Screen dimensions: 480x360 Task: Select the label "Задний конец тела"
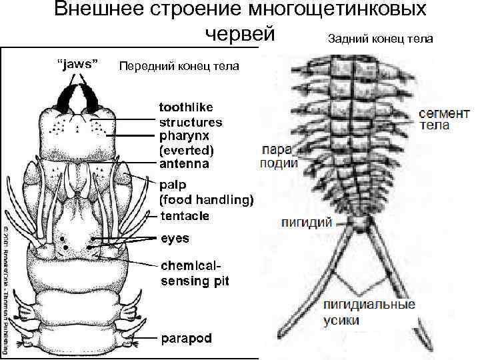click(380, 39)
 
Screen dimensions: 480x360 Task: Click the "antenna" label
click(183, 163)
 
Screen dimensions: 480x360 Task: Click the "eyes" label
click(175, 238)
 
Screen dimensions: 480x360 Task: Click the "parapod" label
click(187, 338)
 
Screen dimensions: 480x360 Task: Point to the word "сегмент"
click(439, 113)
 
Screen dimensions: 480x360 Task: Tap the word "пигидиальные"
click(369, 305)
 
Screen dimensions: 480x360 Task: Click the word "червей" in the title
click(239, 34)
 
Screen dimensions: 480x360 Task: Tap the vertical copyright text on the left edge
click(5, 287)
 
